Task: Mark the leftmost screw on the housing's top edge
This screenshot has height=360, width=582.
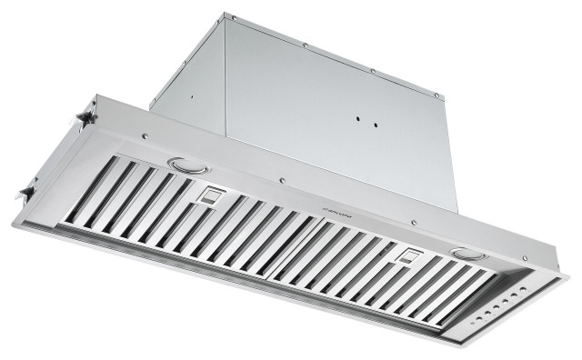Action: point(233,17)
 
